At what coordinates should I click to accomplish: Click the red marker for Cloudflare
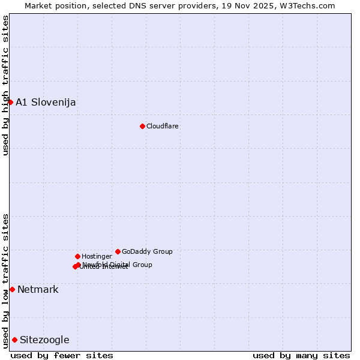tap(142, 126)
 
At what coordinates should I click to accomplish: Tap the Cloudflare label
tap(163, 126)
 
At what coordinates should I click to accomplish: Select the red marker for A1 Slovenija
tap(10, 102)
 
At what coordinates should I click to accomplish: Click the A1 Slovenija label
tap(46, 102)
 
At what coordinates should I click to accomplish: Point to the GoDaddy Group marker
tap(118, 251)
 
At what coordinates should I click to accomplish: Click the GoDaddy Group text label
tap(147, 251)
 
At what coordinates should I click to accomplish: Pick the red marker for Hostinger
tap(77, 256)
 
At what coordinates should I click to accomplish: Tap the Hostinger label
tap(97, 256)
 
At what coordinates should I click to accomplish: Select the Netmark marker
tap(12, 289)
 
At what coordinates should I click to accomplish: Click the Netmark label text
tap(38, 289)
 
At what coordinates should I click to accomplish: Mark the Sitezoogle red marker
tap(14, 340)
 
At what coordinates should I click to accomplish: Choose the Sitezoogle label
tap(44, 340)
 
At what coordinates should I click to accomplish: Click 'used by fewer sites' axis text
tap(62, 355)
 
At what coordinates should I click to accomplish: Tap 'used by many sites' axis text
tap(301, 355)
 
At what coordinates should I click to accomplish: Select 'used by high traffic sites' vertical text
tap(5, 85)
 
